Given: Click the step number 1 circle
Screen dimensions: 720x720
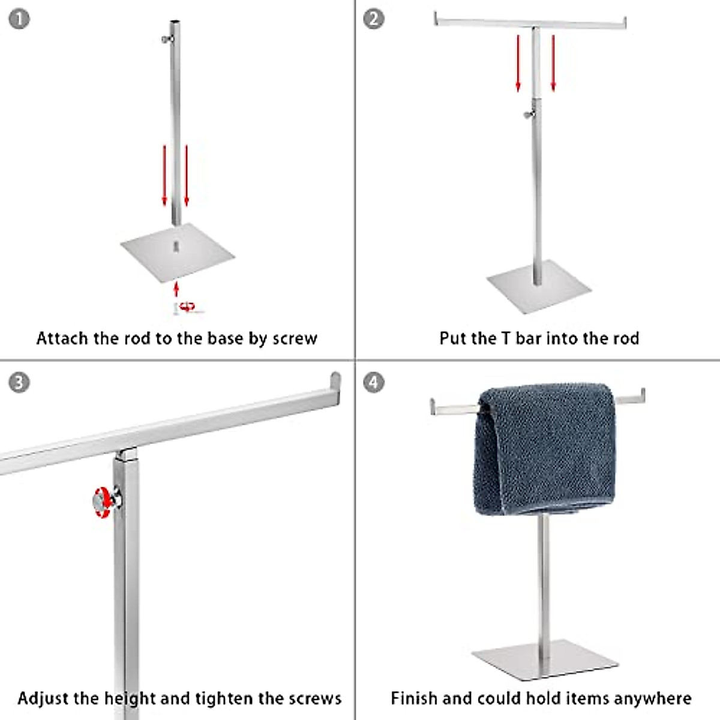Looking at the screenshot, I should [19, 19].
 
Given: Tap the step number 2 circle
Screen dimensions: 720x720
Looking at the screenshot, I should [374, 19].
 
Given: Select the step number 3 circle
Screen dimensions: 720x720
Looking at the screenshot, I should [19, 382].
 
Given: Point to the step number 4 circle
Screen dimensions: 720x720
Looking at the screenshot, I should [374, 382].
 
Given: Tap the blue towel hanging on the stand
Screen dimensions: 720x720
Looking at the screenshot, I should [543, 450].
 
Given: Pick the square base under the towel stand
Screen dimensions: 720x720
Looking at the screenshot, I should [544, 659].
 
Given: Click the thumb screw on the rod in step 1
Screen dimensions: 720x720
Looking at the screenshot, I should [166, 40].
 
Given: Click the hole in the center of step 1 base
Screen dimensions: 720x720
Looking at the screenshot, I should [176, 245].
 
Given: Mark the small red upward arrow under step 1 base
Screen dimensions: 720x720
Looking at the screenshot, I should [176, 289].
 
